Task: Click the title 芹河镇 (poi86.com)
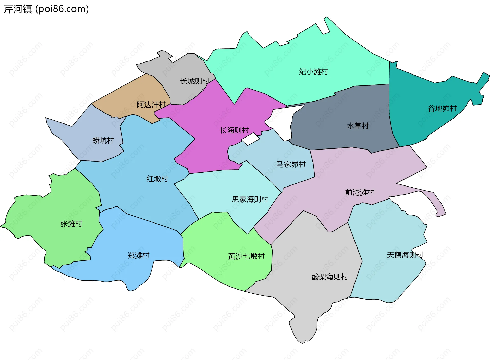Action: click(x=46, y=9)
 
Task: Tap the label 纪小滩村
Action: click(x=313, y=72)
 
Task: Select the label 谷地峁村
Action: click(x=442, y=109)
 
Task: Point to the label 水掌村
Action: click(x=358, y=126)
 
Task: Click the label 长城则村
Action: click(x=195, y=81)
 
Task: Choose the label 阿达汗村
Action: click(x=151, y=105)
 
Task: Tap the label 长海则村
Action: click(x=234, y=130)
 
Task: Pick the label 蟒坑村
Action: click(x=103, y=141)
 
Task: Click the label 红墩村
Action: click(x=157, y=179)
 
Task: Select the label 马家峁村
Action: click(x=291, y=164)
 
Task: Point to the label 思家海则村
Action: click(x=250, y=199)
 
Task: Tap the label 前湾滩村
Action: click(x=360, y=192)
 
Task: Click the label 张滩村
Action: click(x=71, y=224)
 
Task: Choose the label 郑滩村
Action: click(x=138, y=255)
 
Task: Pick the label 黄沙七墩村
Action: click(x=246, y=256)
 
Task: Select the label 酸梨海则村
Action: click(x=330, y=277)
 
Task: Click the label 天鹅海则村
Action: click(x=405, y=255)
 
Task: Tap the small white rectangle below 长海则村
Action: click(x=250, y=139)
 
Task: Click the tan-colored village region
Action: click(x=133, y=92)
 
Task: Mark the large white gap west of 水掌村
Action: click(x=283, y=120)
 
